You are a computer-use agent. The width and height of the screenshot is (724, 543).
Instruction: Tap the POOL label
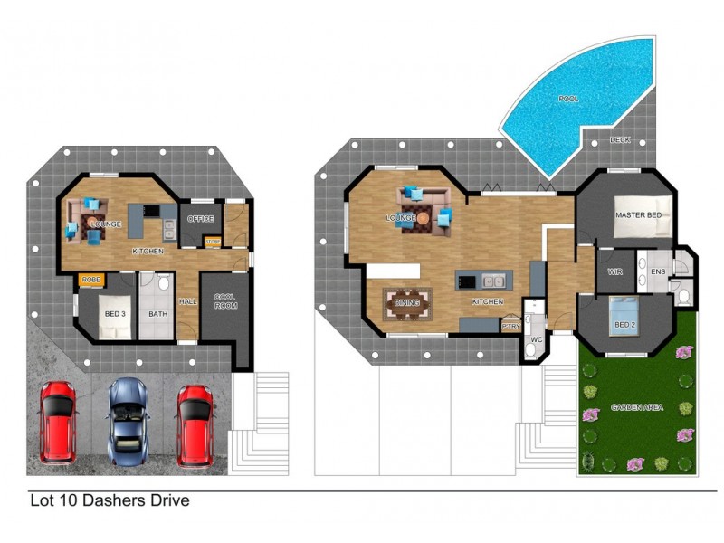568,99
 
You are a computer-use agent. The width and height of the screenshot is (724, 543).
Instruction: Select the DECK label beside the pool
620,140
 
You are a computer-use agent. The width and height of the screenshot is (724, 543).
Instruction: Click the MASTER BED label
639,215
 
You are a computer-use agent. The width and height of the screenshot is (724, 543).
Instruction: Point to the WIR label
615,271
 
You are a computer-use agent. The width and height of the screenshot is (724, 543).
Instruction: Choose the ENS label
658,271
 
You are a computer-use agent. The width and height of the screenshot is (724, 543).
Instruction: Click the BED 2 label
625,325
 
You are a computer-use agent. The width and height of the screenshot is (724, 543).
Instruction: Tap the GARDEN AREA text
637,407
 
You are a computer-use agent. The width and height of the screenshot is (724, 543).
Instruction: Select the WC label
535,340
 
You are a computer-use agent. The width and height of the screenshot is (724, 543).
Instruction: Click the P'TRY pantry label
511,328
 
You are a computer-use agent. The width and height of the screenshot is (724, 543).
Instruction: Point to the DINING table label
407,303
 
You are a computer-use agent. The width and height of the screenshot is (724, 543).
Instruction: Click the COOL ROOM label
224,301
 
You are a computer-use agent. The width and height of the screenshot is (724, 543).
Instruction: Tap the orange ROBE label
91,280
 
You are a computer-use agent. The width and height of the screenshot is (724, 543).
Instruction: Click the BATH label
158,314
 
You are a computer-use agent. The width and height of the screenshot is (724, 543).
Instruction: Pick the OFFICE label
200,219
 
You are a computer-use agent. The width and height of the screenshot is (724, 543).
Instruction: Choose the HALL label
187,301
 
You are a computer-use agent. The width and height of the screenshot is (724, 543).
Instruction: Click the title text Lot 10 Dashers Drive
110,500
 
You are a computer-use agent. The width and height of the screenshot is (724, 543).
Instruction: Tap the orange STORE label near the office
213,241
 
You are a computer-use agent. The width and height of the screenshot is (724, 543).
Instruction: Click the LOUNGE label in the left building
108,224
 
